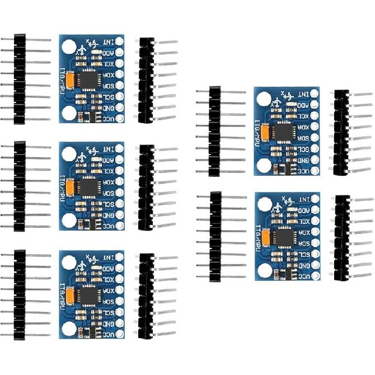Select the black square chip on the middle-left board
87,187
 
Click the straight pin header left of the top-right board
214,131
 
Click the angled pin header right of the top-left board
147,79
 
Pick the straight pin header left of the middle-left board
20,186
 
